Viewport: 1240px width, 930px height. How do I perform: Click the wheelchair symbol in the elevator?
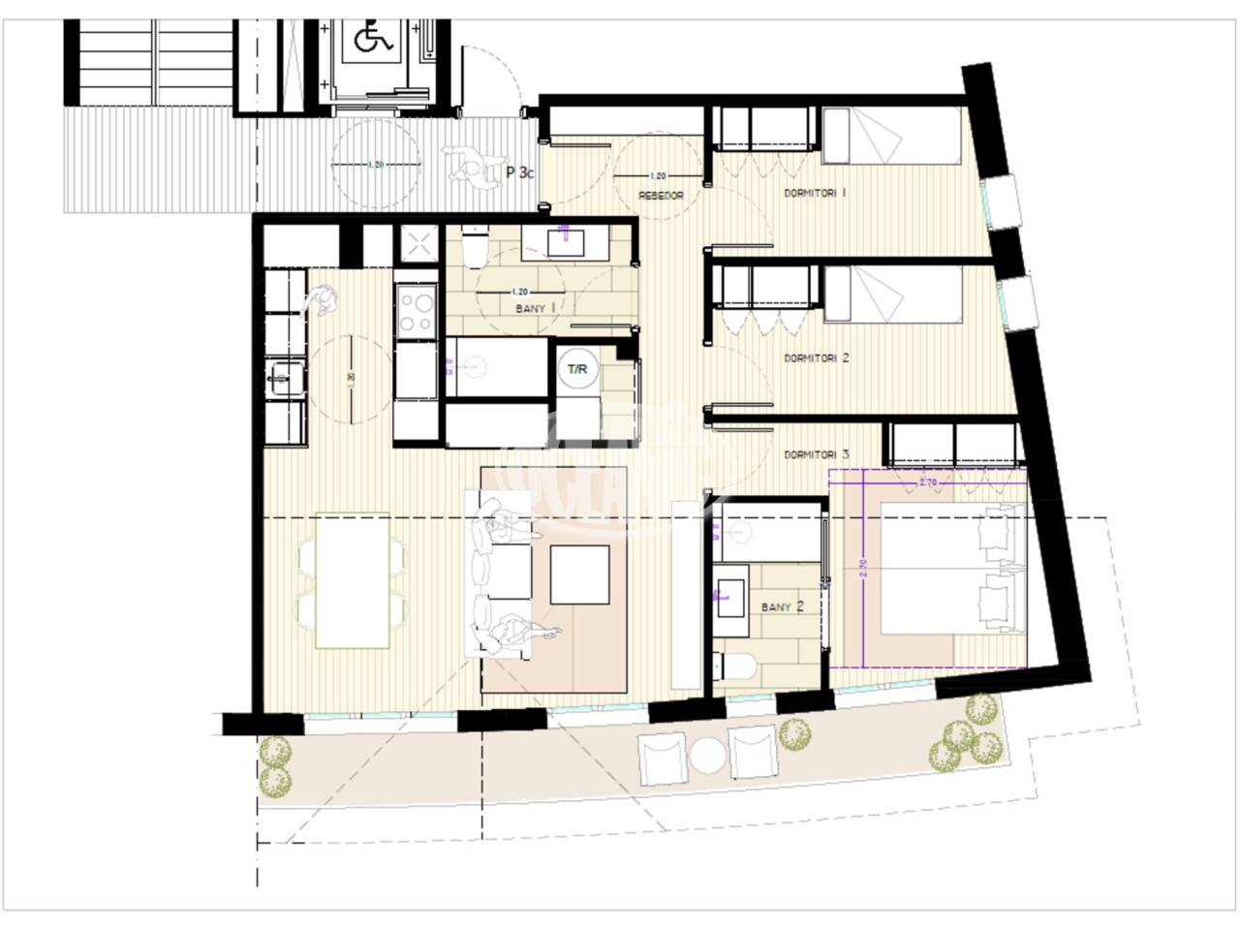(x=368, y=39)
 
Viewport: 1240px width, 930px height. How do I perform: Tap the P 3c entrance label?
(x=519, y=174)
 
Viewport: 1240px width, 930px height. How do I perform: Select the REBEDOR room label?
(x=661, y=196)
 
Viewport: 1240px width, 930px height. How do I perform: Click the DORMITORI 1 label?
(x=816, y=194)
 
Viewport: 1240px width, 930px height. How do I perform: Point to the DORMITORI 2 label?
(x=816, y=357)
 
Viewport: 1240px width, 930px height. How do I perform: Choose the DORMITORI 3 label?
(x=816, y=454)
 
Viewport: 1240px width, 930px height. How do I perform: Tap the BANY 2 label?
(x=783, y=607)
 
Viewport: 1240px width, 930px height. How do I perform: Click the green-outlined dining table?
(x=353, y=580)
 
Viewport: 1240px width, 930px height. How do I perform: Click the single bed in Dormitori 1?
(x=891, y=136)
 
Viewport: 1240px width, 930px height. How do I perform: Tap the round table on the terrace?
(x=707, y=755)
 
